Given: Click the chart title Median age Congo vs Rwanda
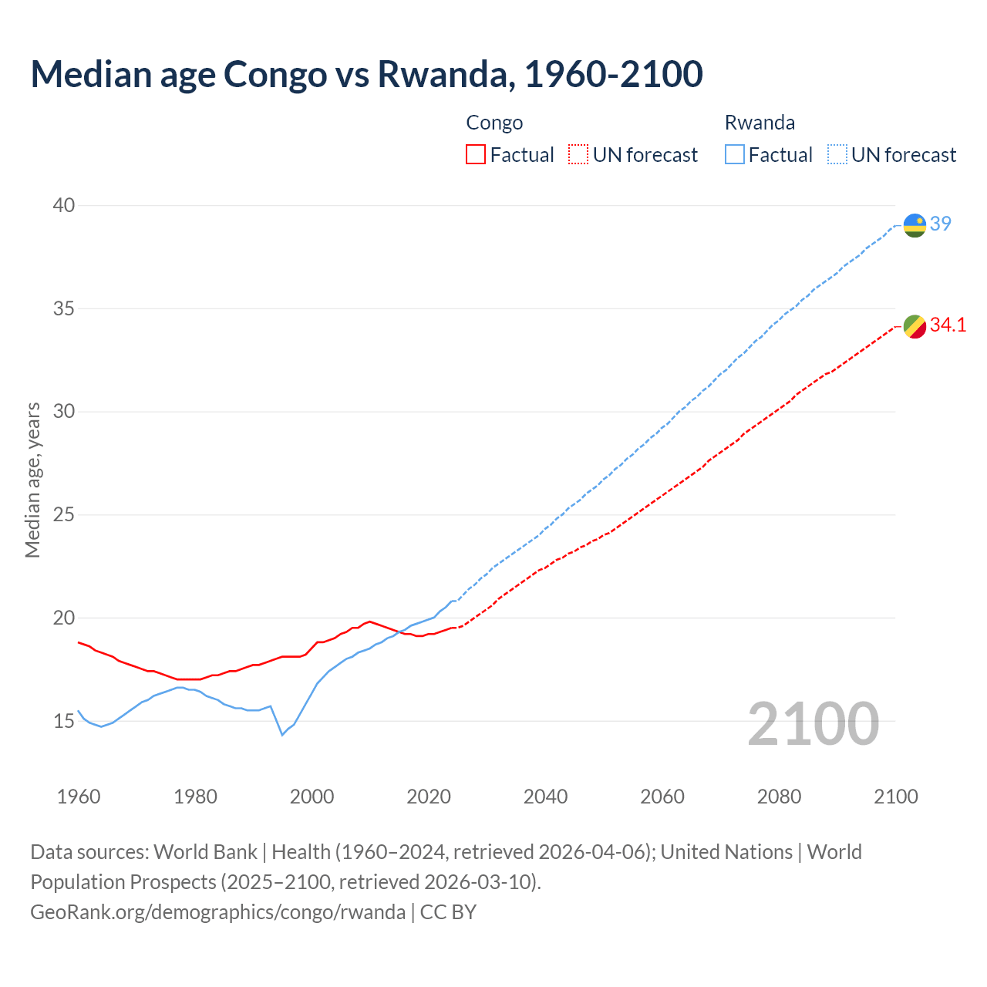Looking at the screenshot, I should pos(366,74).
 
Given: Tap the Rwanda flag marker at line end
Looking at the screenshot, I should pos(915,225).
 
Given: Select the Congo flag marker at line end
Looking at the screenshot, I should pos(915,326).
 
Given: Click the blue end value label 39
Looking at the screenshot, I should pos(941,224).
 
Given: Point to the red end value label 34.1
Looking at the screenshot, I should pos(948,325).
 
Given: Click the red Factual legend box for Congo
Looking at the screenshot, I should pos(476,154).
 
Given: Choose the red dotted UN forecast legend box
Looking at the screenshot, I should pos(578,154).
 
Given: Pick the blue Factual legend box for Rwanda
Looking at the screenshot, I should pos(735,154).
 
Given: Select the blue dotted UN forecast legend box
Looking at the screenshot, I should pos(837,154).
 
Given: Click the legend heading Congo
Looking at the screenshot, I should pos(494,123).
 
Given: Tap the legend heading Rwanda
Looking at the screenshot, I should pos(760,123).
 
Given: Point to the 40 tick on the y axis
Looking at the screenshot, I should pos(64,205).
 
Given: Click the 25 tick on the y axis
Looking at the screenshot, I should pos(64,514).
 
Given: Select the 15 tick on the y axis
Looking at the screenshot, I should pos(64,721).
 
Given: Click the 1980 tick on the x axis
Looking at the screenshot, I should pos(195,797).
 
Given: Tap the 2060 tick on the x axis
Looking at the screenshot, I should pos(662,797).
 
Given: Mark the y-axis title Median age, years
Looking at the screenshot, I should pos(32,480).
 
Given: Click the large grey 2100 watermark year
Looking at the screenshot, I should pos(813,723).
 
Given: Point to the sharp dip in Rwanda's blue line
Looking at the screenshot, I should pos(282,734).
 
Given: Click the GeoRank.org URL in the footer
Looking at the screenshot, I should pos(217,912).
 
